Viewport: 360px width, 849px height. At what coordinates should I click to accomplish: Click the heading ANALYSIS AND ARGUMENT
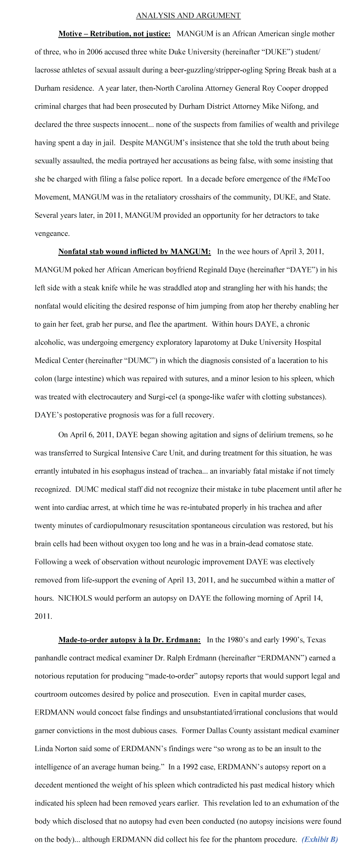[x=188, y=16]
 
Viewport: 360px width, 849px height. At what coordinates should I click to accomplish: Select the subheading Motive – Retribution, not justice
[x=114, y=34]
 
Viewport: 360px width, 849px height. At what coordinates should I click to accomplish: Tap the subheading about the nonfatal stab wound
[x=134, y=252]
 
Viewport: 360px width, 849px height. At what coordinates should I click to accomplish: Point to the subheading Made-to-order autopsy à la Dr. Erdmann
[x=129, y=640]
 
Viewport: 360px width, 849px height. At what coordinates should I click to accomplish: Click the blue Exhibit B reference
[x=319, y=839]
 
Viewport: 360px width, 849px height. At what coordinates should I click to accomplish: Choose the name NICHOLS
[x=75, y=598]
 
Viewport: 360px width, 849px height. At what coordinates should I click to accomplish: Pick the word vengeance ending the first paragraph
[x=52, y=233]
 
